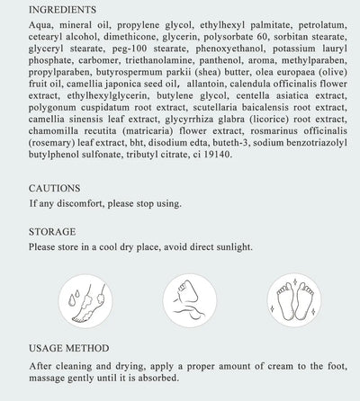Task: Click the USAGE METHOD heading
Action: click(69, 348)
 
